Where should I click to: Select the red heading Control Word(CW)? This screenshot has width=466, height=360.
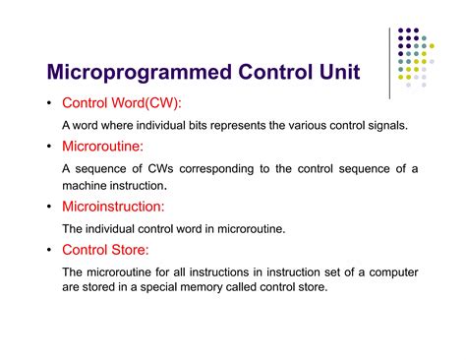122,103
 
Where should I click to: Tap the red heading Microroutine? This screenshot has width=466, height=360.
102,146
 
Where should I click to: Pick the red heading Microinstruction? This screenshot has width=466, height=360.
113,207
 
